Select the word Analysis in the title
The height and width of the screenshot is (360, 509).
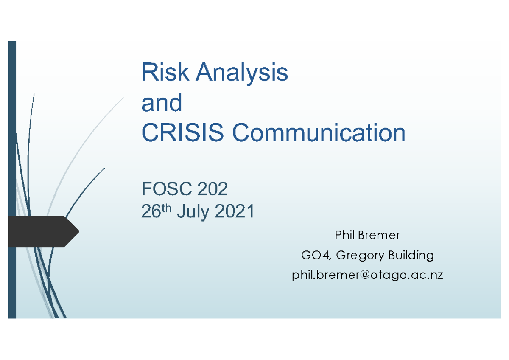click(x=242, y=73)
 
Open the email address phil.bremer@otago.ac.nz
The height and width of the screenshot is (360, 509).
click(x=367, y=275)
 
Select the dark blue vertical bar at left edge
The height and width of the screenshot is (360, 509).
click(x=12, y=127)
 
